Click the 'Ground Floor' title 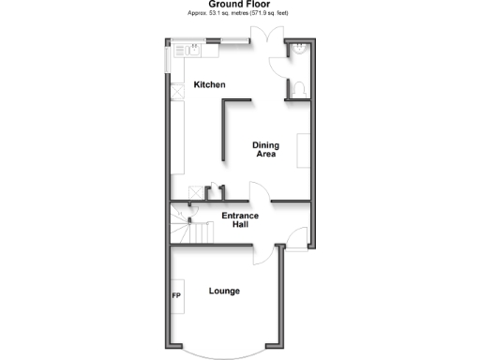[239, 5]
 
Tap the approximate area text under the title [240, 14]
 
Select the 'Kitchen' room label [210, 85]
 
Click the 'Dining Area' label [266, 149]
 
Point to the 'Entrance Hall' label [240, 220]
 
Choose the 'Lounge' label [224, 291]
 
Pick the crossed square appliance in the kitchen [177, 94]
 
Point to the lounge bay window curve [224, 353]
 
